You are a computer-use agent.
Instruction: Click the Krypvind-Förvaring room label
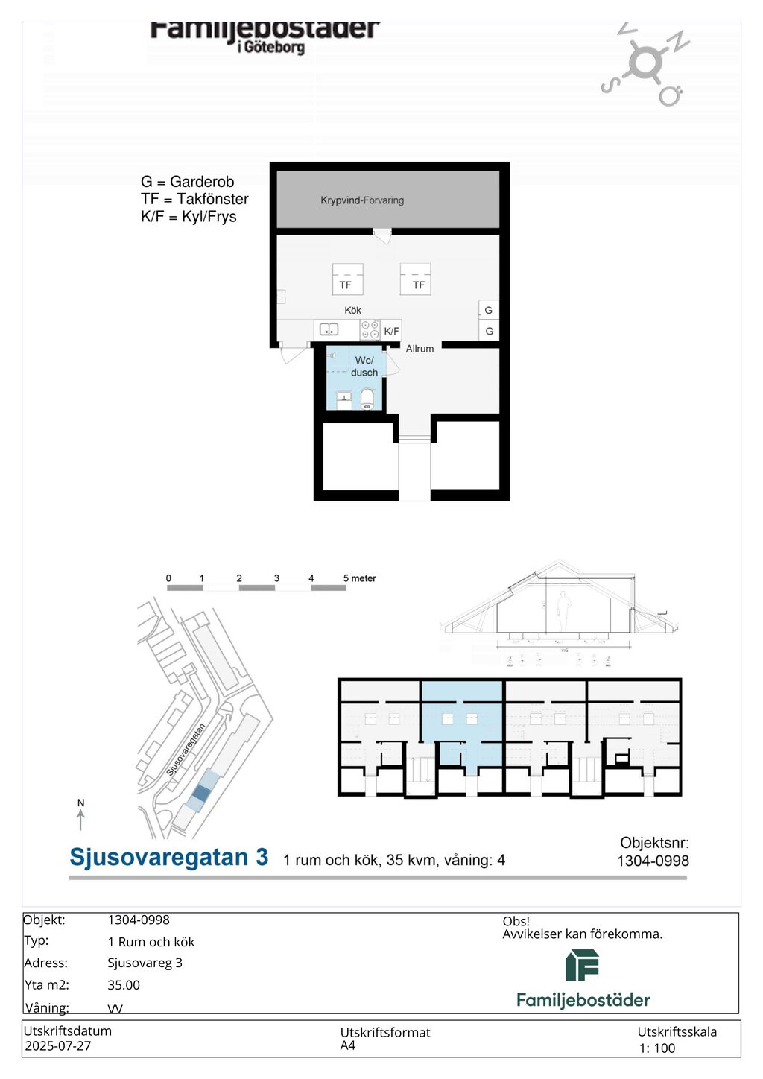click(x=362, y=200)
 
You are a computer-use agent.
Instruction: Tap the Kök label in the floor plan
click(x=352, y=310)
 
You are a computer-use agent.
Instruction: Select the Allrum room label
click(x=420, y=349)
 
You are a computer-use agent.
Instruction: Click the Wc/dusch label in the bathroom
click(x=364, y=367)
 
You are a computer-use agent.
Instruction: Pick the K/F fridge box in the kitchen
click(x=391, y=331)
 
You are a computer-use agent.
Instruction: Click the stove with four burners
click(x=370, y=329)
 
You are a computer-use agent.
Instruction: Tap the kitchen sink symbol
click(x=329, y=329)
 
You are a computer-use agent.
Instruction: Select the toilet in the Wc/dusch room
click(x=367, y=400)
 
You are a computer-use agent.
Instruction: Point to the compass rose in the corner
click(x=645, y=64)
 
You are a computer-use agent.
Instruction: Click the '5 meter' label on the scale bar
click(x=360, y=578)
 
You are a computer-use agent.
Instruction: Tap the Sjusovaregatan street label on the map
click(x=186, y=750)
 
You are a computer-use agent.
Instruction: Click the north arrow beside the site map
click(x=81, y=815)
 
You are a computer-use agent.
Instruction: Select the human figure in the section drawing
click(x=563, y=611)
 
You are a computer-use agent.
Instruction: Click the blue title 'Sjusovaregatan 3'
click(x=168, y=858)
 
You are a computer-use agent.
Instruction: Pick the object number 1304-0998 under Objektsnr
click(x=653, y=861)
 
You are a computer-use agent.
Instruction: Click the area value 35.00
click(x=124, y=985)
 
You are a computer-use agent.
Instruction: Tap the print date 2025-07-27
click(x=58, y=1046)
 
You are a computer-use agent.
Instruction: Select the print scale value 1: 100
click(x=657, y=1048)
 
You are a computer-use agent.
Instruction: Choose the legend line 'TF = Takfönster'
click(x=194, y=199)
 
